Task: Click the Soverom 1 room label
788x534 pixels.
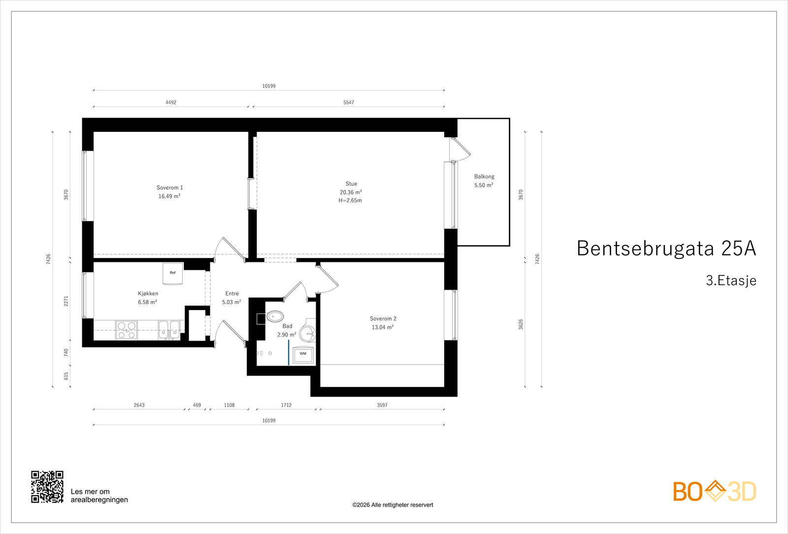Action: click(169, 188)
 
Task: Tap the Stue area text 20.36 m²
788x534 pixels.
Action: click(351, 192)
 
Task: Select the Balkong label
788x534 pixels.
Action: click(484, 177)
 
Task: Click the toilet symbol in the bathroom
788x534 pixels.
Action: click(274, 316)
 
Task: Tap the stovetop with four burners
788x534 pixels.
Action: click(127, 330)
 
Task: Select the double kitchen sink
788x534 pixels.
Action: click(169, 330)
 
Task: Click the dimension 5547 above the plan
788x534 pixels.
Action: click(349, 102)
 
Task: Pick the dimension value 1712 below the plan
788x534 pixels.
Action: click(286, 405)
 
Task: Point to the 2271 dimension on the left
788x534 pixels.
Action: click(66, 301)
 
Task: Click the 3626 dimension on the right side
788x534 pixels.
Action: click(521, 324)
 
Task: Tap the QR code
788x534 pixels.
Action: click(47, 487)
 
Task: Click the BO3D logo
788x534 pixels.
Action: click(715, 491)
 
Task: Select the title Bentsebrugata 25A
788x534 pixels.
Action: click(666, 249)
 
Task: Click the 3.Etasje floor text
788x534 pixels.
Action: click(731, 281)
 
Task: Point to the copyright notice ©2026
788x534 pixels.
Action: click(393, 505)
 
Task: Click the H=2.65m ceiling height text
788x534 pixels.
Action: click(350, 201)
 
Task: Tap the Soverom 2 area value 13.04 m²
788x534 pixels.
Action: click(383, 327)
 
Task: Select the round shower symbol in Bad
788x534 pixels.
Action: click(308, 334)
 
